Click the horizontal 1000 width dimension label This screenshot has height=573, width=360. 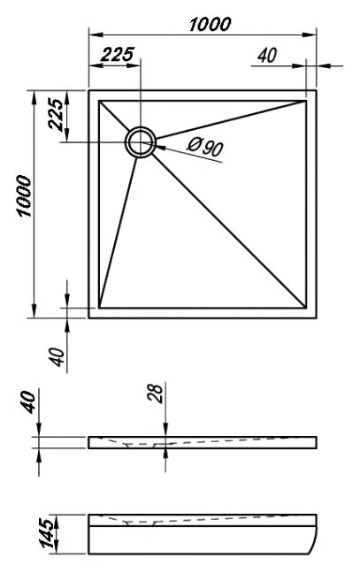210,24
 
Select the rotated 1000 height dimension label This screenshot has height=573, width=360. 25,196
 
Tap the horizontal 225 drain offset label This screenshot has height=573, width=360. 118,55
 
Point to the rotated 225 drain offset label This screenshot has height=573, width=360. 56,114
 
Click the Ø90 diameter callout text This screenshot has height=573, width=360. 205,147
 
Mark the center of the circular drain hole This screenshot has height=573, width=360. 141,142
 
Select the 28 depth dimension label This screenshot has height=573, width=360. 157,393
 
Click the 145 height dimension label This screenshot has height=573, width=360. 49,533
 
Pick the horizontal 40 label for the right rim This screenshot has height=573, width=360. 267,56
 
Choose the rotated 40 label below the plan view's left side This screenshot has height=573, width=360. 57,356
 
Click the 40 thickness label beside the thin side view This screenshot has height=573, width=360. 29,402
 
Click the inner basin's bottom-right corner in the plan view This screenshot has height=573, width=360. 306,308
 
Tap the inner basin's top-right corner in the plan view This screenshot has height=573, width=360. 306,101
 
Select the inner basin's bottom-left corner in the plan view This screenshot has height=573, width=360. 99,308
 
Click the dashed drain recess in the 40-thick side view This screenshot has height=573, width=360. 142,445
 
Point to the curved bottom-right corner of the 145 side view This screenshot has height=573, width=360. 314,548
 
